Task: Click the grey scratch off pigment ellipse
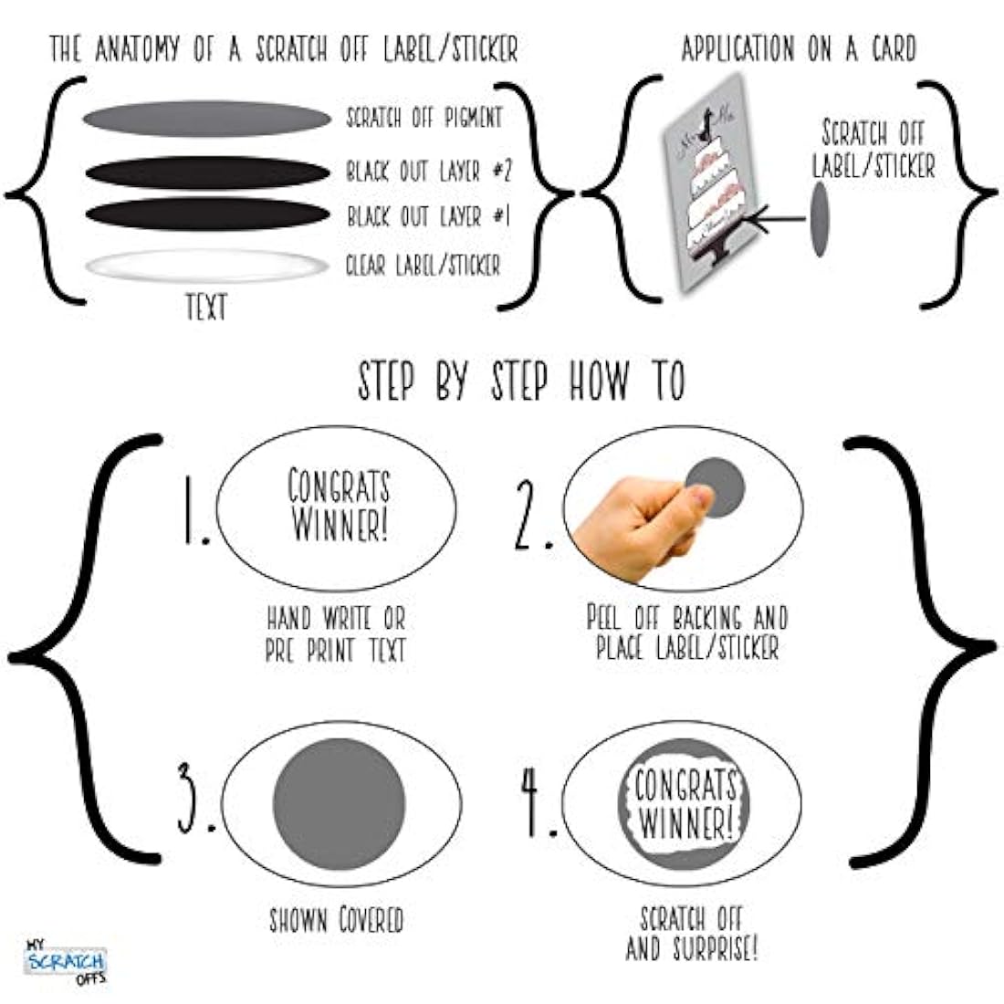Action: click(x=207, y=119)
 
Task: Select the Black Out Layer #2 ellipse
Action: click(x=207, y=173)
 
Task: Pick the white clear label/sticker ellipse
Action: click(x=206, y=266)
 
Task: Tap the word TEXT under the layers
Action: click(x=206, y=308)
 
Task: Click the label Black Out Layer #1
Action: click(x=428, y=215)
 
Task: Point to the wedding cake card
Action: click(x=710, y=183)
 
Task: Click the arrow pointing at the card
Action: click(x=775, y=219)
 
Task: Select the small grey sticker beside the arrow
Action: click(x=820, y=219)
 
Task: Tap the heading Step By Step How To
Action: click(x=521, y=381)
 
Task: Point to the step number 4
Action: click(x=538, y=801)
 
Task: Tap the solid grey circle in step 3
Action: click(x=340, y=805)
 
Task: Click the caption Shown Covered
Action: click(x=336, y=920)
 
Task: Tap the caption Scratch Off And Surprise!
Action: click(x=692, y=934)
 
